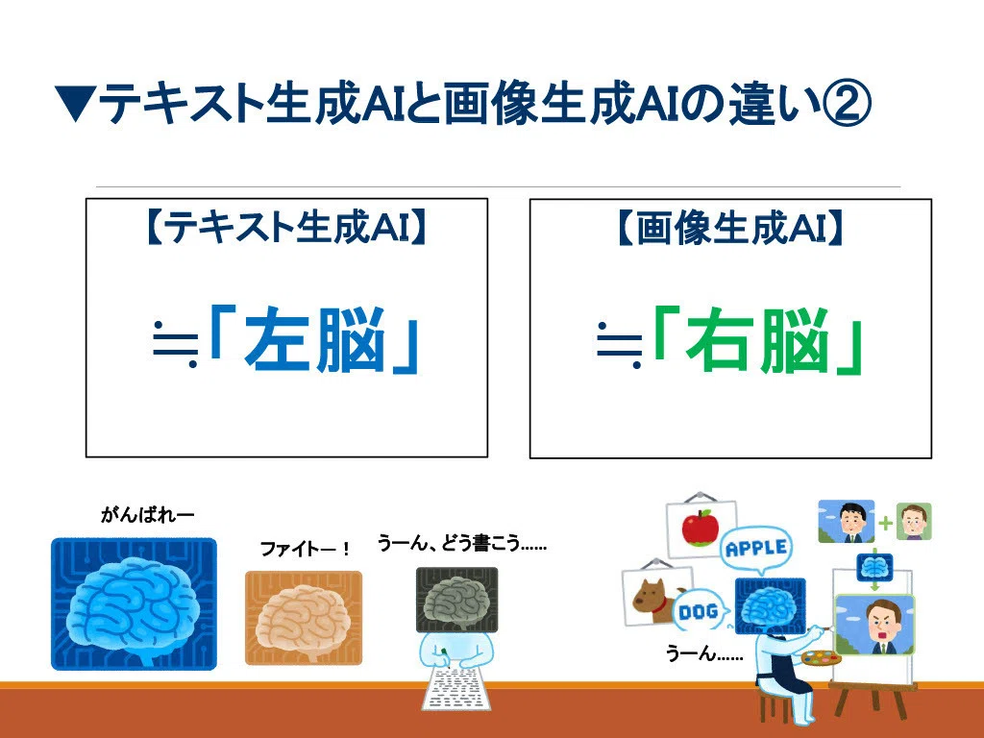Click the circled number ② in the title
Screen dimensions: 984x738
click(847, 103)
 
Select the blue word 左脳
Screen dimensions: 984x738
click(314, 339)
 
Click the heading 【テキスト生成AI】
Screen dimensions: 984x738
click(286, 227)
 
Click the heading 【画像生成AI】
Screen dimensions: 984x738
click(730, 228)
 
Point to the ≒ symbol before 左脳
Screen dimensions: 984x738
click(176, 345)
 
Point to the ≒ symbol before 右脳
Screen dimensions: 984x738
click(620, 346)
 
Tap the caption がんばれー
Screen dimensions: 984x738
click(147, 515)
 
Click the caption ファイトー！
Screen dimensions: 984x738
click(306, 549)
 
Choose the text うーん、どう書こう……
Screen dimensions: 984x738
click(462, 543)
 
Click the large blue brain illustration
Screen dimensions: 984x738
click(134, 603)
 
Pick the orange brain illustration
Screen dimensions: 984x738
click(304, 618)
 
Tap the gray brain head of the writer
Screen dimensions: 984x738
click(456, 600)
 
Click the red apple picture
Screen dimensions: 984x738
click(700, 528)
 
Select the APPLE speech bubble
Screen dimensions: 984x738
click(756, 549)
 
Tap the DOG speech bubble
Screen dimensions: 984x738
click(699, 610)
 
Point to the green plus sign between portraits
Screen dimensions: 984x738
click(885, 523)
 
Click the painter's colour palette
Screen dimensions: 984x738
click(822, 659)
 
